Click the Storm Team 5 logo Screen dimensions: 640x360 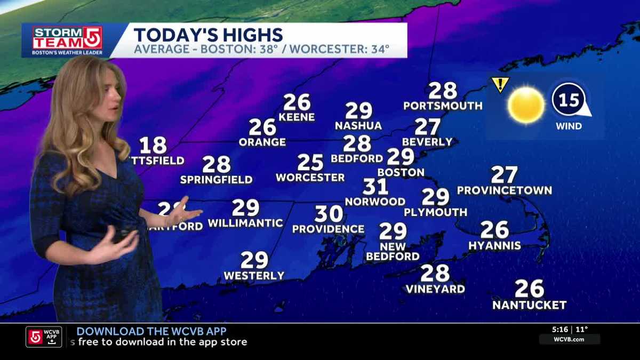tap(67, 40)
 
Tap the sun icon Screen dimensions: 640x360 tap(526, 105)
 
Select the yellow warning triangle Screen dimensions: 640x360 tap(500, 84)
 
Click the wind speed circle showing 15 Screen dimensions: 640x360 tap(569, 100)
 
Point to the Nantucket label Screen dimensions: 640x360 tap(529, 305)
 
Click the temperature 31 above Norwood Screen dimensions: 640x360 tap(375, 187)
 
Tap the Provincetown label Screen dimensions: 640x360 tap(504, 190)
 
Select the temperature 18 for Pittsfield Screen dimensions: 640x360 tap(153, 146)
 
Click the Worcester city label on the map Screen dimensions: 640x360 tap(310, 178)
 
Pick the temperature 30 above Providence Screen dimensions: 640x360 tap(329, 214)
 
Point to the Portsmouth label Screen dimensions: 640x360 tap(443, 106)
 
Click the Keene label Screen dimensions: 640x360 tap(297, 117)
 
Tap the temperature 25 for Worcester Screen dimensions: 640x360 tap(310, 162)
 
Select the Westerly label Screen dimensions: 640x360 tap(254, 276)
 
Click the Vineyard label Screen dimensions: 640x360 tap(435, 289)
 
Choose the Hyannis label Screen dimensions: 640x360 tap(494, 245)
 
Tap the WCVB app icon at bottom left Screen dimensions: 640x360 tap(44, 337)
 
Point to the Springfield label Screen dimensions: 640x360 tap(216, 180)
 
